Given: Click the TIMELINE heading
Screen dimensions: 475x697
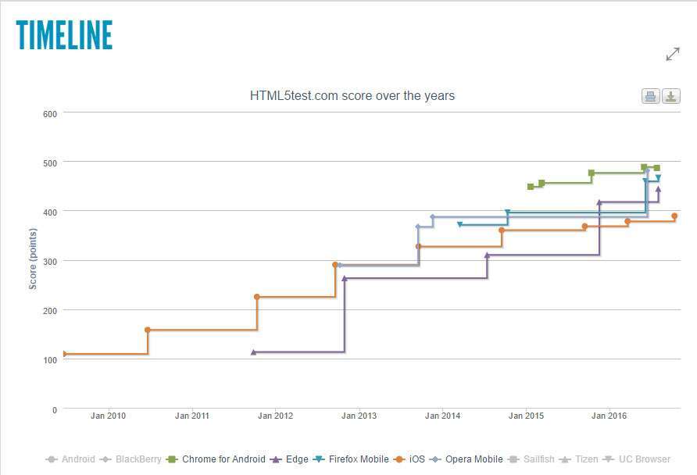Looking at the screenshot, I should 64,36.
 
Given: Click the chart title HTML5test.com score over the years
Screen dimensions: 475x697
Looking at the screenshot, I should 352,96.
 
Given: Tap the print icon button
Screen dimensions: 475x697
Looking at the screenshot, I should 650,97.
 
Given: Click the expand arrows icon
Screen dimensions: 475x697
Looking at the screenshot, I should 672,54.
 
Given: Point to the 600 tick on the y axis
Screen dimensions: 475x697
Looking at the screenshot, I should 50,113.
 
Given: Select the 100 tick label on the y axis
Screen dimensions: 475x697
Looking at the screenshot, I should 50,360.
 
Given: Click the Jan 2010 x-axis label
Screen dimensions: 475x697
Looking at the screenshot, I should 108,416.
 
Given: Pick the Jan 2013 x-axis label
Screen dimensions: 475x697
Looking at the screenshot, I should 359,416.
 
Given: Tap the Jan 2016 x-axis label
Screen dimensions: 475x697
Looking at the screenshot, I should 609,416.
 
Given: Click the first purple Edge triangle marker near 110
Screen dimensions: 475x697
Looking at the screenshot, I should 253,352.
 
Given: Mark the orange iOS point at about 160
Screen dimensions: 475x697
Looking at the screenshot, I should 148,330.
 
